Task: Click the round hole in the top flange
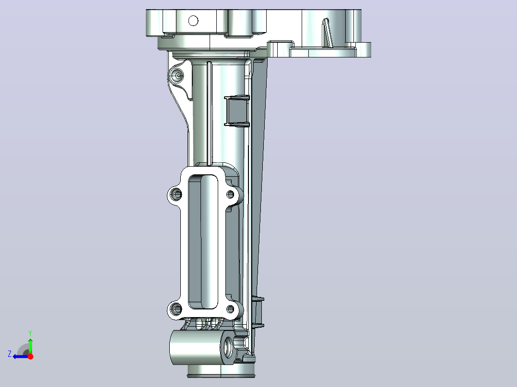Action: click(x=193, y=21)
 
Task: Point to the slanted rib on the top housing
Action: click(x=328, y=33)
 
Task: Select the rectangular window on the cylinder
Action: click(x=237, y=110)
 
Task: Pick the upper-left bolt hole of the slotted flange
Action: click(x=176, y=194)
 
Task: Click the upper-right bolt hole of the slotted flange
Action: click(x=230, y=194)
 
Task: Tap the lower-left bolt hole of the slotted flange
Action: click(x=176, y=309)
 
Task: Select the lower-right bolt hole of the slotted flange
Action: click(x=230, y=309)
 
